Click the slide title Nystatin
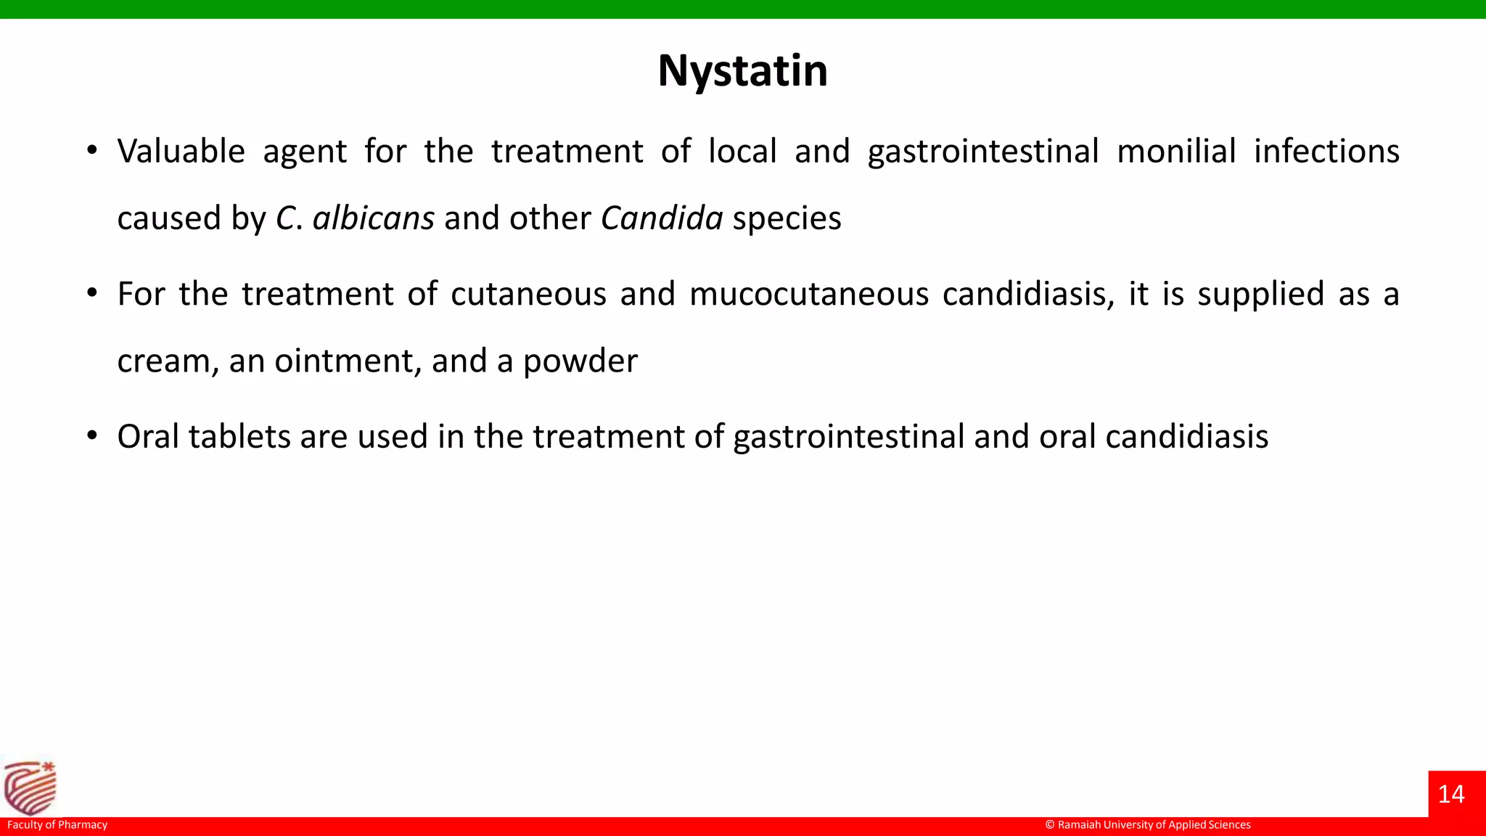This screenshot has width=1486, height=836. (742, 71)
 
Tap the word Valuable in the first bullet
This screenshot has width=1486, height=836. (181, 152)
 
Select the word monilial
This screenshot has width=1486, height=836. (1175, 152)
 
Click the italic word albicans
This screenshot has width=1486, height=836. (373, 218)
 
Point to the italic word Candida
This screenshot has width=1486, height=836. (662, 218)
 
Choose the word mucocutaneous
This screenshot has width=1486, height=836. (808, 295)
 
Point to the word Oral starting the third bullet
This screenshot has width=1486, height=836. (148, 437)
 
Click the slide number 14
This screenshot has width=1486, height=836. (1451, 794)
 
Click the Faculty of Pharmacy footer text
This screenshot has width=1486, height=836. (57, 825)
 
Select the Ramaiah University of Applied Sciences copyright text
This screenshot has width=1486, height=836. (1148, 825)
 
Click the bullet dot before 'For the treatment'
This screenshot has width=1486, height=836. (91, 294)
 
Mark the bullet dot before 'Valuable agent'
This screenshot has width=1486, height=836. (91, 151)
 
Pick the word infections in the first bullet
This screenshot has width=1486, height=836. (1326, 152)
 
